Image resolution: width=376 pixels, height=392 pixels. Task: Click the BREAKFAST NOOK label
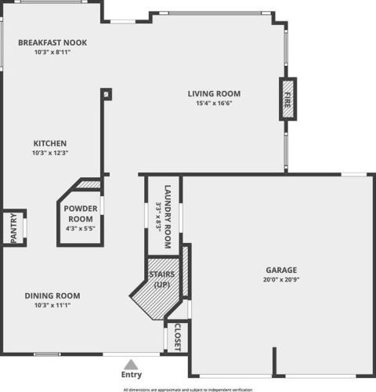point(52,42)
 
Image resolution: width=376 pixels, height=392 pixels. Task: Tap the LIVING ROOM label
point(214,93)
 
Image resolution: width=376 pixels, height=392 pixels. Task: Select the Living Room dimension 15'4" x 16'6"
point(214,103)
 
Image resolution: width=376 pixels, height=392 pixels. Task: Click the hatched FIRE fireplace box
point(287,99)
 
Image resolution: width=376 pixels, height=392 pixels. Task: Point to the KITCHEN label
point(50,143)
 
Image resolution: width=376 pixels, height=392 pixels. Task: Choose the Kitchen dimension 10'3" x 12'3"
point(50,153)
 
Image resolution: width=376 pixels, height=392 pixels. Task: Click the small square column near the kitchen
point(107,94)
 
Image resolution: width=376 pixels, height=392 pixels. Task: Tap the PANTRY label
point(13,228)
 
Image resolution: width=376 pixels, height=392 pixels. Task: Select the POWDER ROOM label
point(81,214)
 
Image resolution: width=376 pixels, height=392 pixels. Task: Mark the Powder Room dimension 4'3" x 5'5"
point(81,229)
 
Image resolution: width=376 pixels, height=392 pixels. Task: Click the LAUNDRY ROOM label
point(168,216)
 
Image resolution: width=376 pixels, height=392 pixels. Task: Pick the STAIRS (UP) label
point(162,279)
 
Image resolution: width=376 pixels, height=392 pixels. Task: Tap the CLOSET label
point(178,337)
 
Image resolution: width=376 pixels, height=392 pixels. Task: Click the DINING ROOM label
point(52,296)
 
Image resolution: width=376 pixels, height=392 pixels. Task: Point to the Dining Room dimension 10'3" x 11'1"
point(52,305)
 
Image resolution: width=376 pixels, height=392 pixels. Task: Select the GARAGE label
point(281,270)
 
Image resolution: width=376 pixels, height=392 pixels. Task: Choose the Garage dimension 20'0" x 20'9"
point(281,280)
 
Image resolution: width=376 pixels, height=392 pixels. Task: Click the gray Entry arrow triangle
point(131,365)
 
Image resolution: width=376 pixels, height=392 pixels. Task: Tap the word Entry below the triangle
point(132,375)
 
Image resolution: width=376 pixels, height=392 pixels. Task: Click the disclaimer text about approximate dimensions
point(188,390)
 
